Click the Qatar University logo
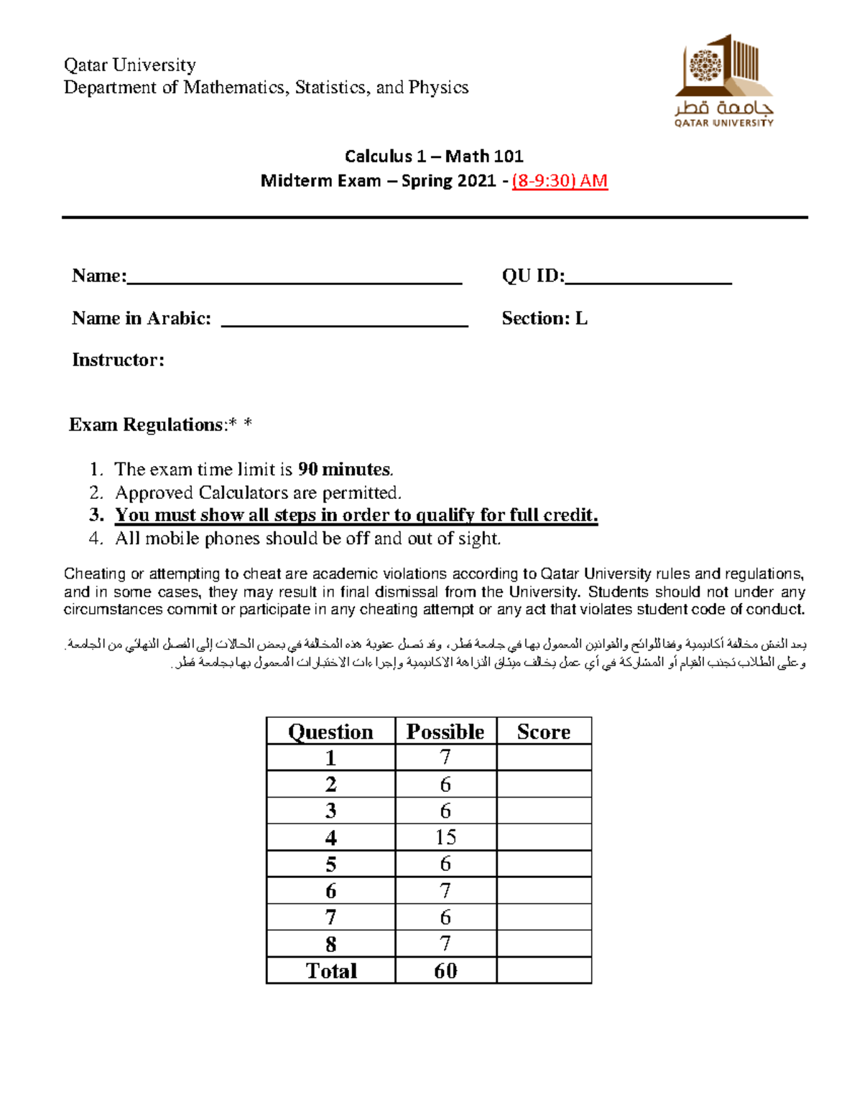tap(723, 80)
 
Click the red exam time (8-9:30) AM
tap(560, 181)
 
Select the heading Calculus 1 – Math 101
tap(434, 157)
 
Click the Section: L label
tap(544, 319)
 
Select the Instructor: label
tap(118, 360)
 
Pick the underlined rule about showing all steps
tap(356, 515)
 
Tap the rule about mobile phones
tap(307, 538)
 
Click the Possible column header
tap(445, 732)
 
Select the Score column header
tap(544, 732)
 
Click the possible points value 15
tap(445, 837)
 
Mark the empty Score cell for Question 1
tap(544, 757)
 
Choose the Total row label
tap(331, 971)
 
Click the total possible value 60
tap(445, 971)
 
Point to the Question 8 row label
tap(330, 944)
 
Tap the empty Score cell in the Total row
tap(544, 971)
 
